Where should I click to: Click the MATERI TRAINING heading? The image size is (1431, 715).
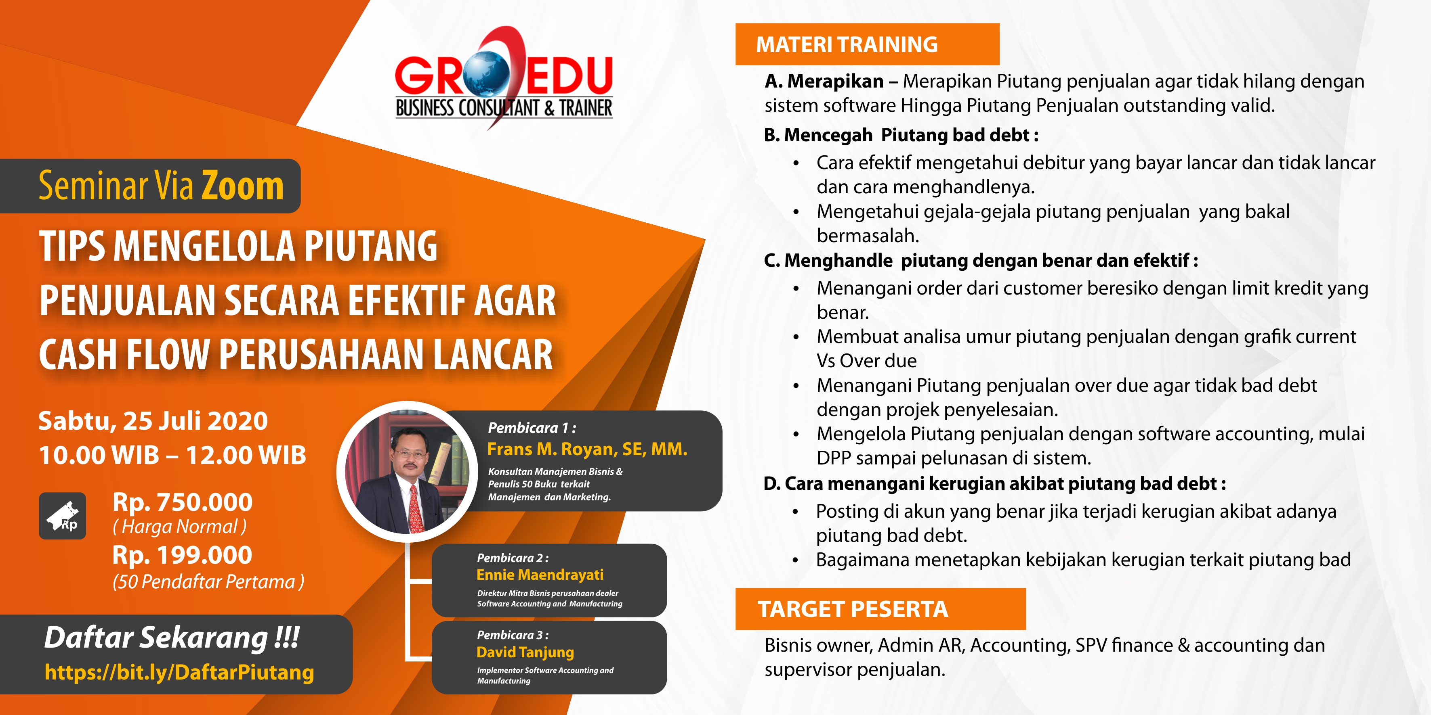click(x=847, y=44)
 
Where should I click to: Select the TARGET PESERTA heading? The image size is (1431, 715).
click(x=853, y=609)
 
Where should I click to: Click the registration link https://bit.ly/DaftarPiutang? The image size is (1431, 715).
click(x=179, y=672)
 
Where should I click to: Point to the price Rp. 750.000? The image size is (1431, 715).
click(x=182, y=502)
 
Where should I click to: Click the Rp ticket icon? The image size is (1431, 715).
click(x=62, y=516)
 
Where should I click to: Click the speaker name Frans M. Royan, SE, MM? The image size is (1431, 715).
click(x=587, y=449)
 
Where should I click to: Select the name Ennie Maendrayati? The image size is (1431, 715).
click(x=540, y=575)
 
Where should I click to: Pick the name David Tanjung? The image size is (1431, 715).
click(x=525, y=652)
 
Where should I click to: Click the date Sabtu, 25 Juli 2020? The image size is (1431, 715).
click(x=153, y=421)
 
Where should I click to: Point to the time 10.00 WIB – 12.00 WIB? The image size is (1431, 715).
click(x=172, y=455)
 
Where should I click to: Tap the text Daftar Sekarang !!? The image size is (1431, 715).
click(x=172, y=638)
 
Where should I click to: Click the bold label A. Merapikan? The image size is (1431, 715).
click(x=824, y=81)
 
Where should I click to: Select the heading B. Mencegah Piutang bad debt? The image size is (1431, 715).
click(x=901, y=135)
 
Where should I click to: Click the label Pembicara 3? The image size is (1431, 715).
click(x=512, y=635)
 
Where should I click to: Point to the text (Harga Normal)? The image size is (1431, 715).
click(x=179, y=526)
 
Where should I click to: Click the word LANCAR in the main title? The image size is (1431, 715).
click(x=493, y=355)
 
